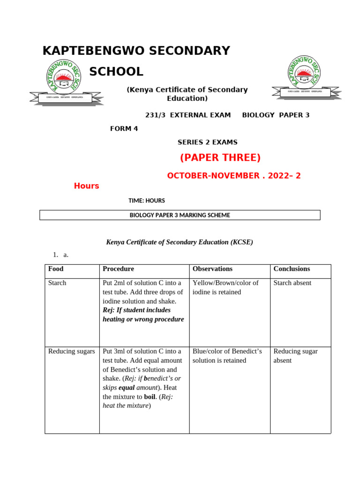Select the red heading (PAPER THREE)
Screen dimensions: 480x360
click(x=220, y=157)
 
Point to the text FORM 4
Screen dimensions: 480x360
click(x=124, y=128)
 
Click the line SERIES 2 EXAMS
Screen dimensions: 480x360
click(x=207, y=142)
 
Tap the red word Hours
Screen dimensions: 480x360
click(x=86, y=186)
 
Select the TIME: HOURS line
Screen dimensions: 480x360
click(x=147, y=201)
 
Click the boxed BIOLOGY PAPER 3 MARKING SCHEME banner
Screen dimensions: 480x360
click(x=180, y=215)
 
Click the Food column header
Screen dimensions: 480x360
click(x=56, y=269)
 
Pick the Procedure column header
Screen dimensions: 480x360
click(x=118, y=269)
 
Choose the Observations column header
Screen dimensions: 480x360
click(x=212, y=269)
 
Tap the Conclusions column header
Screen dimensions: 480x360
click(x=292, y=269)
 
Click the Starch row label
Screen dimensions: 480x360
click(x=57, y=283)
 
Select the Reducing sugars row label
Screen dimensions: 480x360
click(x=71, y=352)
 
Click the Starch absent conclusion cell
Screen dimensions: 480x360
click(x=292, y=283)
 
